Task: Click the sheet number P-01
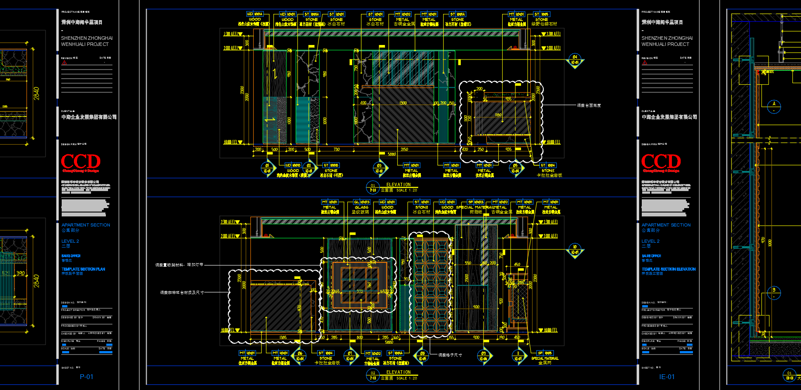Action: click(x=86, y=376)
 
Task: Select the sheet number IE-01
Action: click(x=667, y=376)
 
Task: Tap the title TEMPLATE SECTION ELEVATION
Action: click(x=668, y=269)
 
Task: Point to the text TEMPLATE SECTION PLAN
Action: click(x=83, y=269)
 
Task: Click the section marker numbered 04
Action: click(x=575, y=60)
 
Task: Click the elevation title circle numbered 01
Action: click(x=372, y=188)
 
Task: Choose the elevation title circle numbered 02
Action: click(x=372, y=375)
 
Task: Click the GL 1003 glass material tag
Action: click(x=361, y=202)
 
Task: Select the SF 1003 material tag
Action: click(x=476, y=202)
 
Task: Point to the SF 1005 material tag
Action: click(x=545, y=353)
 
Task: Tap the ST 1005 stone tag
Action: click(x=542, y=14)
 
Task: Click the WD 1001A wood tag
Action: click(x=255, y=14)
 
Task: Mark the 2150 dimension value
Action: click(x=404, y=150)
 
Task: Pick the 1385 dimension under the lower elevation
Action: click(x=283, y=338)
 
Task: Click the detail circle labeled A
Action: click(x=774, y=106)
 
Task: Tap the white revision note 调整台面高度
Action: click(x=589, y=105)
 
